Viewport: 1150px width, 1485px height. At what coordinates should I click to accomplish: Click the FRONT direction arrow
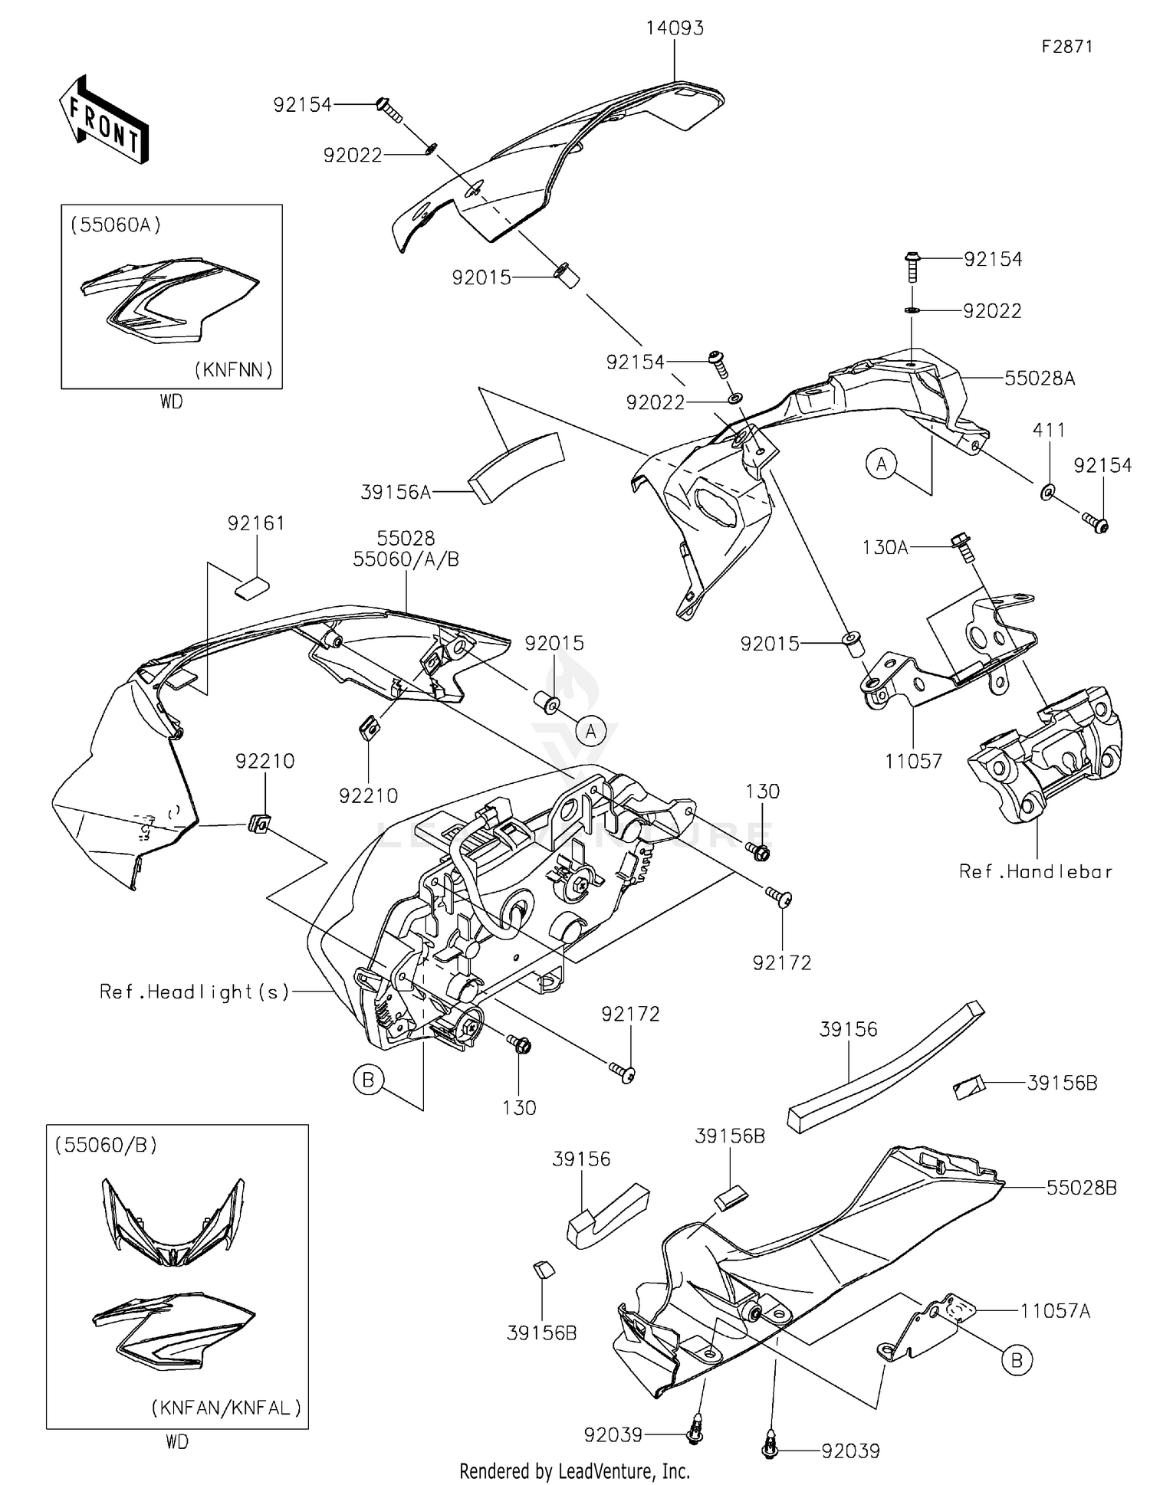click(104, 120)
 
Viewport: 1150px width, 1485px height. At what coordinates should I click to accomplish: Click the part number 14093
click(674, 28)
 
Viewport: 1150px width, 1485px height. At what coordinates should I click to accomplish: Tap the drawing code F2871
click(1066, 47)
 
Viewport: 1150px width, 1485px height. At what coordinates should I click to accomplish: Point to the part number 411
click(1048, 431)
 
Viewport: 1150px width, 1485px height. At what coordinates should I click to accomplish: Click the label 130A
click(885, 547)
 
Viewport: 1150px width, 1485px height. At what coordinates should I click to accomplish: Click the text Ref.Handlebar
click(1035, 871)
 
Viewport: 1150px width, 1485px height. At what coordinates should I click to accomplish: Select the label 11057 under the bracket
click(912, 761)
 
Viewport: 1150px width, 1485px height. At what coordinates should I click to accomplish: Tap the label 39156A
click(396, 492)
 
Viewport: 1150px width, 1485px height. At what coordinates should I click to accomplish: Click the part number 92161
click(256, 523)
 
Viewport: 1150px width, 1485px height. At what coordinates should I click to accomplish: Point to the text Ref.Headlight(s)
click(195, 992)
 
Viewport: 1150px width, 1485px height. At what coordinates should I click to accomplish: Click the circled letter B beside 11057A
click(1017, 1359)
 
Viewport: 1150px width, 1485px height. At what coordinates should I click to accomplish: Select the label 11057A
click(1055, 1311)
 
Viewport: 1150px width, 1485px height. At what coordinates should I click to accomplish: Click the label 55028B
click(1081, 1188)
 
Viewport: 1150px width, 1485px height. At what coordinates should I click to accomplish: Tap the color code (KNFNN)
click(233, 370)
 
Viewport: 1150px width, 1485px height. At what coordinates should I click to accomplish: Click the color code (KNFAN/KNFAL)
click(225, 1408)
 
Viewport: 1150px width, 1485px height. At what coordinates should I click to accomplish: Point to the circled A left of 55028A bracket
click(882, 464)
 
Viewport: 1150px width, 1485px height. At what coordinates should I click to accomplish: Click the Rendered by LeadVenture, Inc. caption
click(574, 1471)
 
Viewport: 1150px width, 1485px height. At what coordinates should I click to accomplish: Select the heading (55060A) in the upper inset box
click(116, 225)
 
